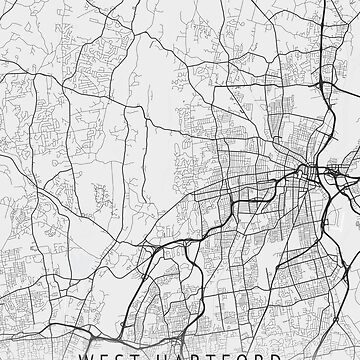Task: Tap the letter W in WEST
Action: pos(84,355)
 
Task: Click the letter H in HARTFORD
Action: pos(164,355)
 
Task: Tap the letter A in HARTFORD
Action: pos(181,355)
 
